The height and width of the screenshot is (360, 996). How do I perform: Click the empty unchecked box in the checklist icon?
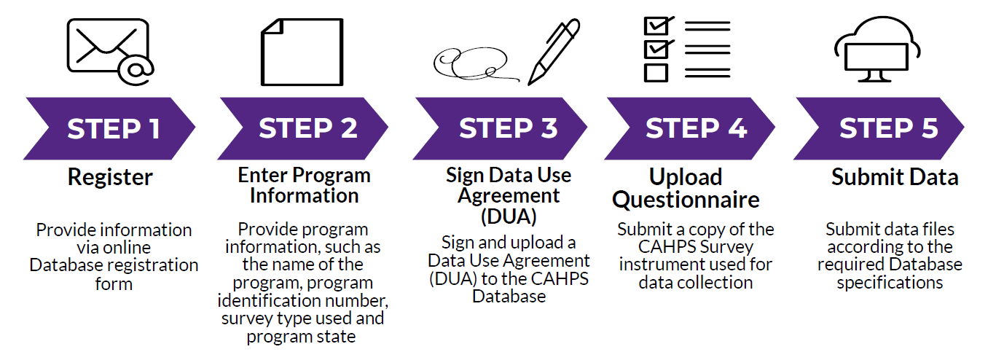point(656,72)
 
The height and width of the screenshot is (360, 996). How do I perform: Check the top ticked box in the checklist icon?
point(656,26)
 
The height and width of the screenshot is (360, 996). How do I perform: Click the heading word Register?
point(110,177)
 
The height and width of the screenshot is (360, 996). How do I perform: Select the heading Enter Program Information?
point(304,185)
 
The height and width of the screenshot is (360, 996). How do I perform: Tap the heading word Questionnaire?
point(686,200)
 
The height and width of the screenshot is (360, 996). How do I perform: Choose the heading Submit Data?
point(895,177)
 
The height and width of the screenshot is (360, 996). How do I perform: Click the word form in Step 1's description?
point(114,283)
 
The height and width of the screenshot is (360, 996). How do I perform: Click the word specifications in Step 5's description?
point(890,282)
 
